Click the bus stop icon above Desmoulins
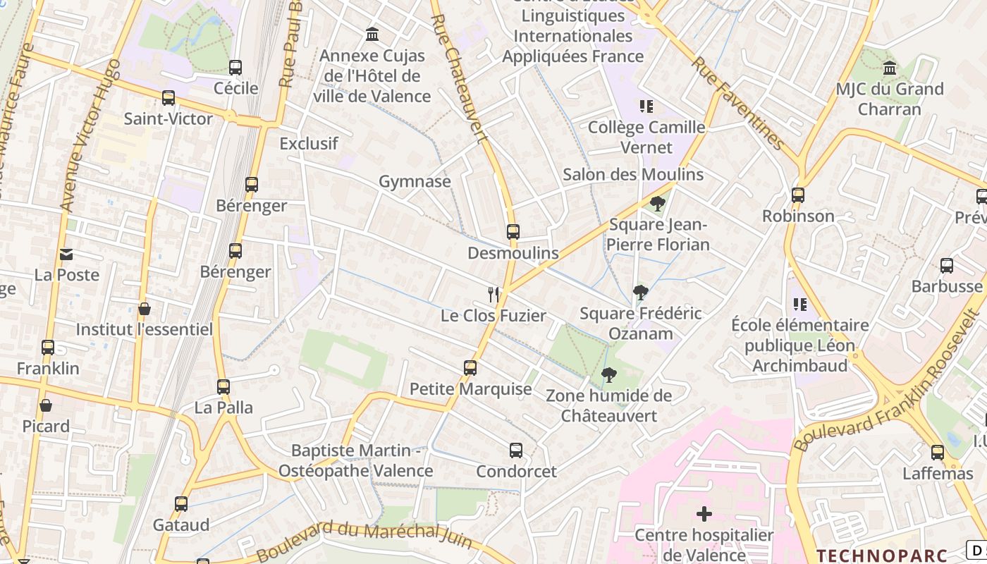(513, 231)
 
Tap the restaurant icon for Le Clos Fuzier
(493, 294)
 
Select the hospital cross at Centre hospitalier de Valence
(704, 514)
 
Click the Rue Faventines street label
(737, 103)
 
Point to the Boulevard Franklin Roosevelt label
(890, 380)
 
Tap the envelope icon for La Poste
(66, 254)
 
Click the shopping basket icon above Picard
(46, 405)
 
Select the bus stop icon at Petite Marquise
(470, 367)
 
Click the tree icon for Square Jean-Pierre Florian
(658, 204)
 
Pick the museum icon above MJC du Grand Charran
(890, 68)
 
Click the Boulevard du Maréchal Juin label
(364, 539)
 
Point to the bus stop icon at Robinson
(798, 195)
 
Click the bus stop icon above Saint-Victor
(168, 97)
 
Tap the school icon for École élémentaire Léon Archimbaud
(800, 304)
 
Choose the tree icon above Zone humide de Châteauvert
(608, 374)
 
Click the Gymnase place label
(415, 181)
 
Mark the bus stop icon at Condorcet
(516, 450)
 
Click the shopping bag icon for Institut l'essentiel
(145, 309)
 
